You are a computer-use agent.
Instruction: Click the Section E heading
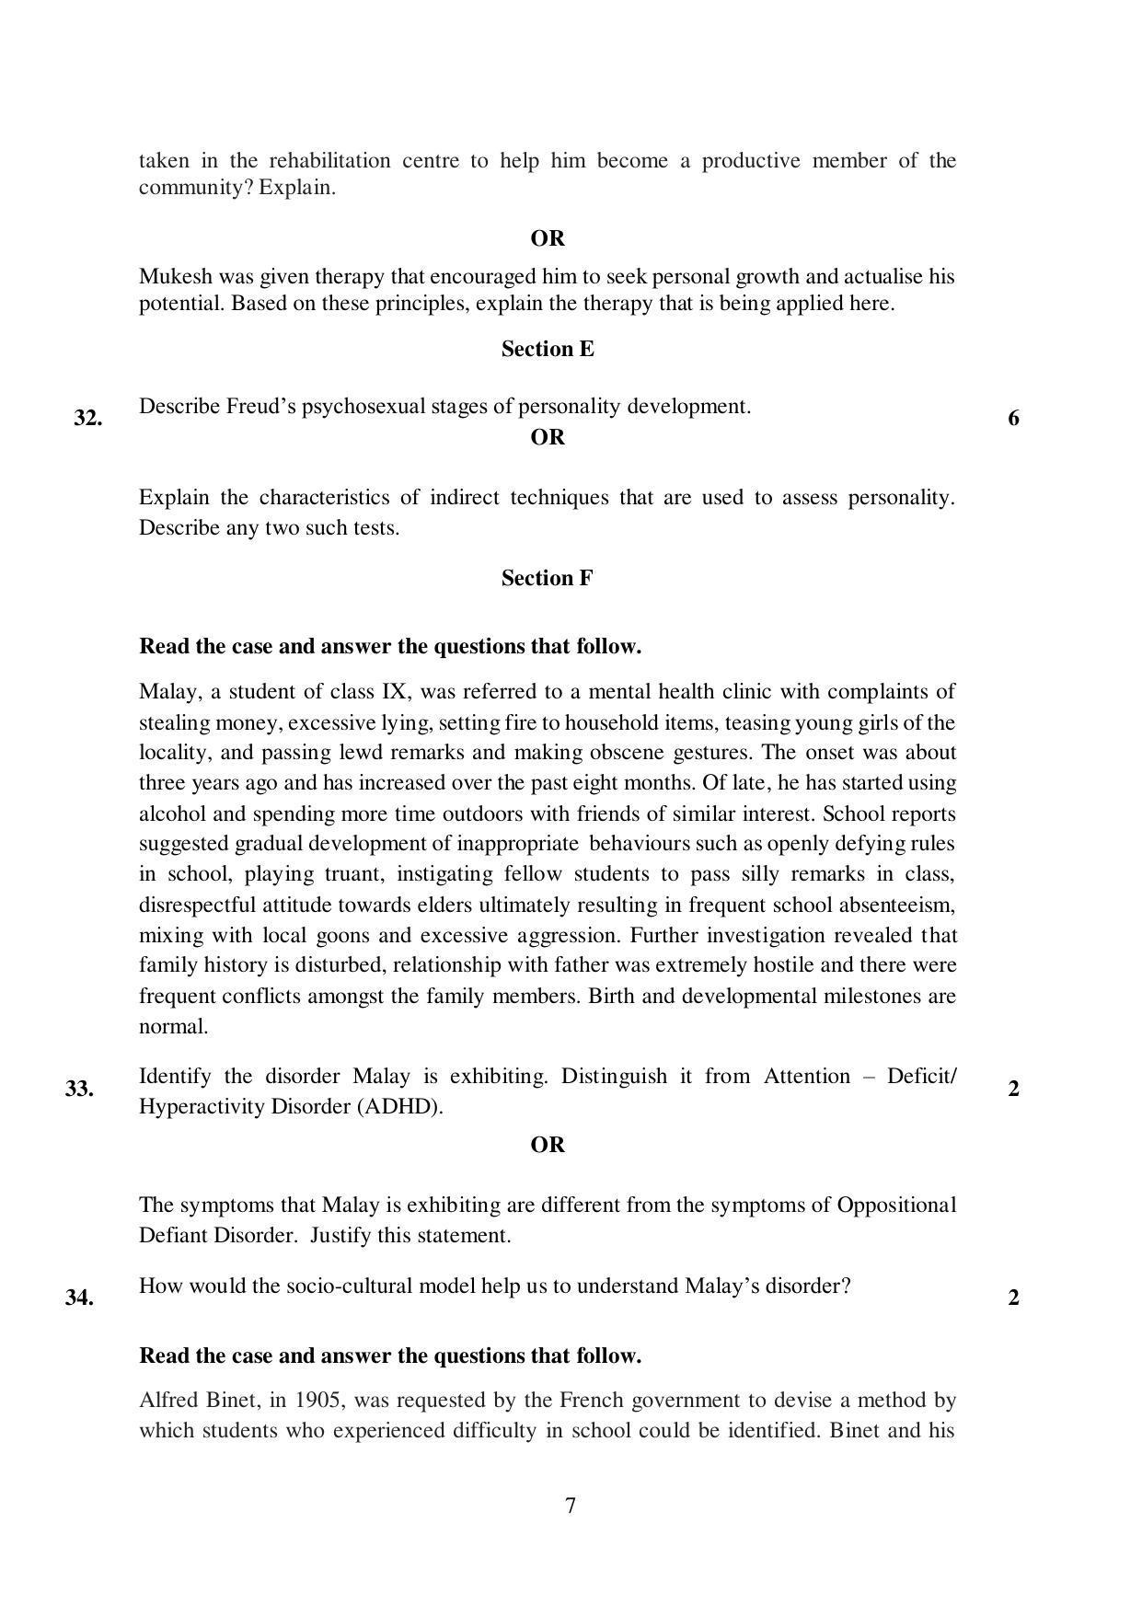[x=548, y=349]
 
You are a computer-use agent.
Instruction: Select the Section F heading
[x=548, y=578]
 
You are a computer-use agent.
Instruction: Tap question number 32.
[x=87, y=418]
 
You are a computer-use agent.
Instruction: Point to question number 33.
[x=79, y=1089]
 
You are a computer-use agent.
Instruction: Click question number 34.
[x=79, y=1298]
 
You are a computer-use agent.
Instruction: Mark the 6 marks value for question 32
[x=1013, y=418]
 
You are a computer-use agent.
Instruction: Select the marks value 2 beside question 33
[x=1013, y=1089]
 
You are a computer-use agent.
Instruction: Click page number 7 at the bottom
[x=571, y=1505]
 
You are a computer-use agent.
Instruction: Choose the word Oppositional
[x=896, y=1205]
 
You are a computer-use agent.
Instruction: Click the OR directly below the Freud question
[x=548, y=437]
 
